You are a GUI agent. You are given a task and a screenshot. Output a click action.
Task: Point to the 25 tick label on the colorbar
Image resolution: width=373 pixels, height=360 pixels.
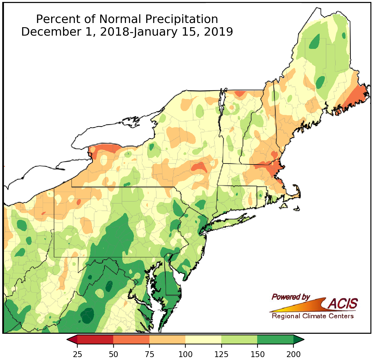point(77,354)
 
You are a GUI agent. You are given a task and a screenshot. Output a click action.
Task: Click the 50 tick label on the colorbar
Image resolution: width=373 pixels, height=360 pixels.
point(113,354)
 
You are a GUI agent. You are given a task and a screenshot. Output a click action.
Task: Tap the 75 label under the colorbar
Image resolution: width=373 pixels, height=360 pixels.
point(149,354)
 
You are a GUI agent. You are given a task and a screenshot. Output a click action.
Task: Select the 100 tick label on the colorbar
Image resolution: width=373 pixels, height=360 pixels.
point(185,354)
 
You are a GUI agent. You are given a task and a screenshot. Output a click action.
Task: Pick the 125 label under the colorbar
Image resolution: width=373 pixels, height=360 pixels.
point(221,354)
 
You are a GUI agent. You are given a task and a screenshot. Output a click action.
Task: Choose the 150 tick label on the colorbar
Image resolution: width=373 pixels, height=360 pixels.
point(257,354)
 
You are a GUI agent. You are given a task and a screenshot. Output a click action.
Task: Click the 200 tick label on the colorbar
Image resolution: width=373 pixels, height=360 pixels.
point(293,354)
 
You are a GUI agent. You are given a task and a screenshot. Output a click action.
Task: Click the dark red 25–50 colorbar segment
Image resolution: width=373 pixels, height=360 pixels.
point(95,339)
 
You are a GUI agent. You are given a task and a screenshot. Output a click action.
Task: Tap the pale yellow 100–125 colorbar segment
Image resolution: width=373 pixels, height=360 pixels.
point(203,339)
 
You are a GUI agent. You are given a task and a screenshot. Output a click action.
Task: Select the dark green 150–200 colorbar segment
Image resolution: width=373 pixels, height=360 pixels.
point(275,339)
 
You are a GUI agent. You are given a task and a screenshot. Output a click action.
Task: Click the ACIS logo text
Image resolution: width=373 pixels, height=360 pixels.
point(343,304)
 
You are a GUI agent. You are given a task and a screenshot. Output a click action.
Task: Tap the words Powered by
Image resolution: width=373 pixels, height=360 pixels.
point(291,297)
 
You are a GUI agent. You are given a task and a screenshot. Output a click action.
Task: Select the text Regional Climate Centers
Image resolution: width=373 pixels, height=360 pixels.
point(313,316)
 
